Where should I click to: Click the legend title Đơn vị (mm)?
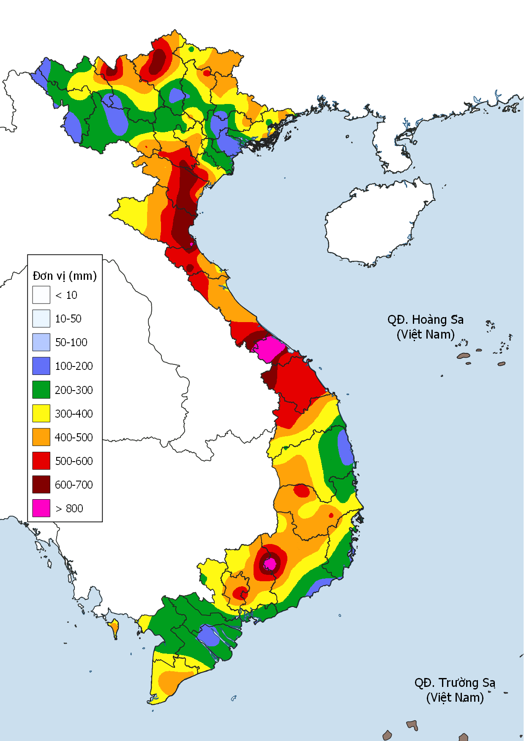coord(65,276)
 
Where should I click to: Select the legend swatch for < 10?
coord(41,295)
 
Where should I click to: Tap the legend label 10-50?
coord(68,319)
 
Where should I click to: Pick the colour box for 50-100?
coord(41,342)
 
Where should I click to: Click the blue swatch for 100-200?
coord(41,366)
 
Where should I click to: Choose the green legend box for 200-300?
coord(41,390)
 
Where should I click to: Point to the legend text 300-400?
coord(74,413)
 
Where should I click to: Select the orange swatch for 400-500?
coord(41,437)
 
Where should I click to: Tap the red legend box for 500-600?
coord(41,461)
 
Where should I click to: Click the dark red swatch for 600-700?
coord(41,484)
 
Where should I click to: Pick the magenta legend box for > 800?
coord(41,508)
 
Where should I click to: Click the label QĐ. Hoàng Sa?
coord(425,320)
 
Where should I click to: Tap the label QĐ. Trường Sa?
coord(455,683)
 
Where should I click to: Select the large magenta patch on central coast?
coord(269,349)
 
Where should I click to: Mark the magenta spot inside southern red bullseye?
coord(270,564)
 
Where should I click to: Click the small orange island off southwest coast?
coord(114,627)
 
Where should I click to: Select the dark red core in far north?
coord(158,61)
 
